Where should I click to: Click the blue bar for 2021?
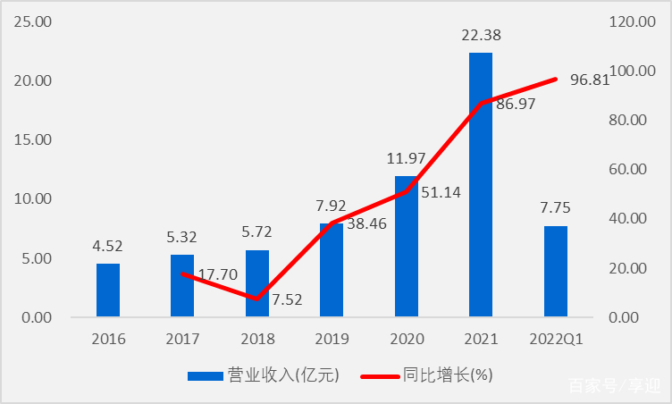[x=481, y=184]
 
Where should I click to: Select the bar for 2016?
[x=108, y=290]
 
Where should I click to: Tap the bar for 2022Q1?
[x=555, y=271]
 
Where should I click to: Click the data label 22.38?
[x=481, y=35]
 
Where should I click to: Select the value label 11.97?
[x=407, y=158]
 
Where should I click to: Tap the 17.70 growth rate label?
[x=216, y=275]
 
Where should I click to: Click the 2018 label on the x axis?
[x=257, y=340]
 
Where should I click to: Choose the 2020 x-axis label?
[x=406, y=340]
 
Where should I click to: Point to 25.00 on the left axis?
[x=33, y=21]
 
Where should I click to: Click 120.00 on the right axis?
[x=633, y=21]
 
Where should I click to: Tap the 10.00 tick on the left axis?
[x=33, y=198]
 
